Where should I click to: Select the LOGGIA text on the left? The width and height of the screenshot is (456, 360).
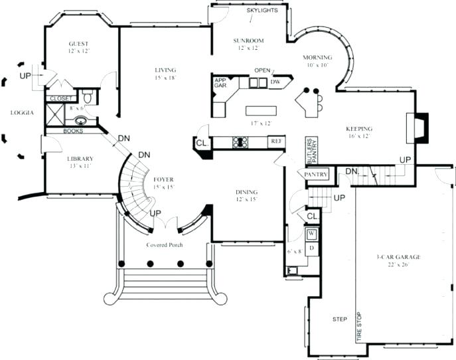click(x=21, y=113)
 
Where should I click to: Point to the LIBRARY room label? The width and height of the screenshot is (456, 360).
click(x=80, y=159)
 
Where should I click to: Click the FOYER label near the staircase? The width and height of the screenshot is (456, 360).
click(x=163, y=179)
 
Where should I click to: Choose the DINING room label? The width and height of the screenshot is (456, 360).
click(x=246, y=193)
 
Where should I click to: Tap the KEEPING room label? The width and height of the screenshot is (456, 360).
click(x=359, y=129)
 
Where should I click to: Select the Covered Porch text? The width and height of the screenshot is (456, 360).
click(x=165, y=245)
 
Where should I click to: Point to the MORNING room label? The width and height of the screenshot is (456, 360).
click(x=317, y=58)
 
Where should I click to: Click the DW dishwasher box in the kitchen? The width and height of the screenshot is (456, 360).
click(x=275, y=82)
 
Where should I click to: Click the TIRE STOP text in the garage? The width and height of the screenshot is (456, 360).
click(x=359, y=327)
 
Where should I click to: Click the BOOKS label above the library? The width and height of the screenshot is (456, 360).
click(x=73, y=131)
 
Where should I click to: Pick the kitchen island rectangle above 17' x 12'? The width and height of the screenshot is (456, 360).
click(x=260, y=110)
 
